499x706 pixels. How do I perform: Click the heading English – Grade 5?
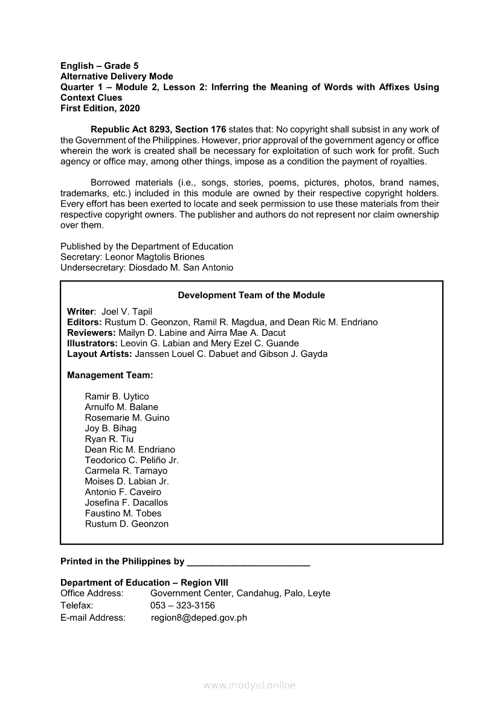tap(100, 66)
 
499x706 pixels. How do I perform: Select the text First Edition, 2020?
tap(100, 108)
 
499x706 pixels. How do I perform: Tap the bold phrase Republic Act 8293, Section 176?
tap(158, 130)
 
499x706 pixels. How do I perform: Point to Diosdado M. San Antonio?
tap(181, 268)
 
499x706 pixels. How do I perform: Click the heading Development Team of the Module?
tap(251, 295)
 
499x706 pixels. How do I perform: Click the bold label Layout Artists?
tap(100, 354)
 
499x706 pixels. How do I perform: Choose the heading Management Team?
tap(110, 375)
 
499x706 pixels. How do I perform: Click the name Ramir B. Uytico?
tap(117, 397)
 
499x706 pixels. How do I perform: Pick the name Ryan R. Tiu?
tap(109, 439)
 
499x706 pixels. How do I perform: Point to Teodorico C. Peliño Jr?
tap(132, 460)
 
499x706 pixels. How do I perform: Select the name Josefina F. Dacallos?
tap(126, 502)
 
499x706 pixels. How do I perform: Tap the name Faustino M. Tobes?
tap(123, 513)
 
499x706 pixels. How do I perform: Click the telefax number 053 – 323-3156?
tap(182, 605)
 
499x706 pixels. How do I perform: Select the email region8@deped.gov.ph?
tap(199, 617)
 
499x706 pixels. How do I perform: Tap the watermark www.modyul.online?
tap(249, 685)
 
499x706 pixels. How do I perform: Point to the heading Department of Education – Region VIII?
tap(144, 583)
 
